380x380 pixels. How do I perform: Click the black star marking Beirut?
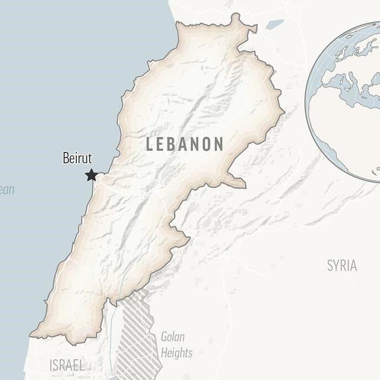point(91,175)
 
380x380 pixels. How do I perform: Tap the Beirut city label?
point(77,158)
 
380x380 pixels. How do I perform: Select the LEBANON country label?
point(184,144)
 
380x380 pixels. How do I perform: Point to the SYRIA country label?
point(342,265)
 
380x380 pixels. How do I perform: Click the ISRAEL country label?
point(67,366)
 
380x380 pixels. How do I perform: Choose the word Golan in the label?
point(172,337)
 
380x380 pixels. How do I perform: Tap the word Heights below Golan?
point(176,353)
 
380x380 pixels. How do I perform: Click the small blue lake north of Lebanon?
point(274,24)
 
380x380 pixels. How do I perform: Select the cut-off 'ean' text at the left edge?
point(7,190)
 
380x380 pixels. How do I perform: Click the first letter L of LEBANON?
point(150,144)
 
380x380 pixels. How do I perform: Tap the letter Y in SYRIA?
point(338,265)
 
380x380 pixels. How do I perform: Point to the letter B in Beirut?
point(67,158)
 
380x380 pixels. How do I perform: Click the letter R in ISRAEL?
point(66,366)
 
